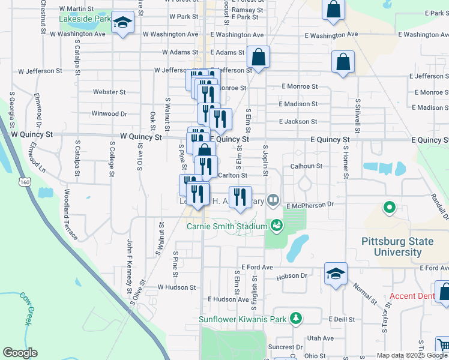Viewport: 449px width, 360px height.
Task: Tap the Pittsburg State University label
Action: pos(397,247)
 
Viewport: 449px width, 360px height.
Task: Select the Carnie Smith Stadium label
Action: pos(226,226)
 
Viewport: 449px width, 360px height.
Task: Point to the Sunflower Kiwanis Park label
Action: pos(244,319)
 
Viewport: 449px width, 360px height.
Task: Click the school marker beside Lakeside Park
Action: pos(123,23)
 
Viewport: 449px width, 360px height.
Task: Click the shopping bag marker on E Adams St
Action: pos(259,59)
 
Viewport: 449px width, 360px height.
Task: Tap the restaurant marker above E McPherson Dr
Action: pos(240,197)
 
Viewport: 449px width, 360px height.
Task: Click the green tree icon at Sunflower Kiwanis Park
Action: pos(295,318)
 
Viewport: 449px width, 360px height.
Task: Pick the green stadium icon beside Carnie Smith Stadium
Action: pos(276,226)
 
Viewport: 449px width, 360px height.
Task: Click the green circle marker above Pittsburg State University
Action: pos(389,208)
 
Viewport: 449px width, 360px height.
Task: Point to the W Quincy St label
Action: pos(141,137)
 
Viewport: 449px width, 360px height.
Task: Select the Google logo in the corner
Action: pos(20,353)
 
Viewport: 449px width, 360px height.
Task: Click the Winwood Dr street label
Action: pos(109,113)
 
